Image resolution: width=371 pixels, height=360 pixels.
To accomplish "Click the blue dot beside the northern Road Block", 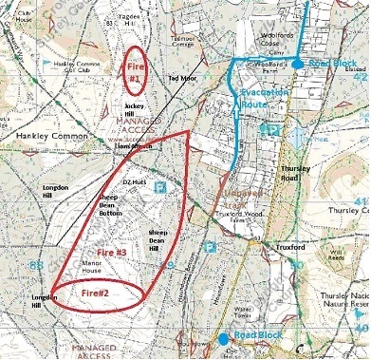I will [x=298, y=63].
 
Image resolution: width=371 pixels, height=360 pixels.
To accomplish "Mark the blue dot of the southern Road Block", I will [x=223, y=338].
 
